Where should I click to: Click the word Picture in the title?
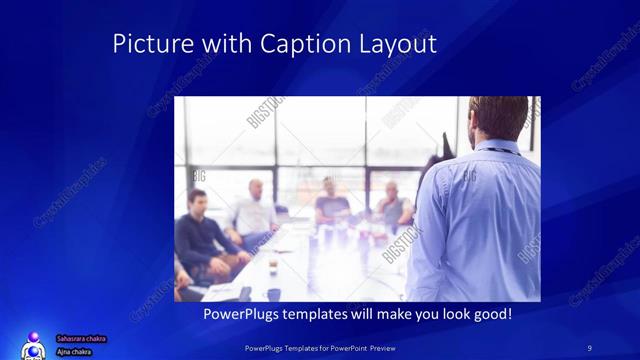click(147, 45)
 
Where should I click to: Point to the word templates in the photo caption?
click(322, 314)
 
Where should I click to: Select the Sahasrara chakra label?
click(81, 339)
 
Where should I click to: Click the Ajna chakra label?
click(75, 350)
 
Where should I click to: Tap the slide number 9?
click(590, 347)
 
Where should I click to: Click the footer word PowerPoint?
click(349, 347)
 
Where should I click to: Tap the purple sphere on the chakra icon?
click(34, 337)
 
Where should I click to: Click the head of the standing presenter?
click(497, 117)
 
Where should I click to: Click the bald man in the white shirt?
click(255, 210)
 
